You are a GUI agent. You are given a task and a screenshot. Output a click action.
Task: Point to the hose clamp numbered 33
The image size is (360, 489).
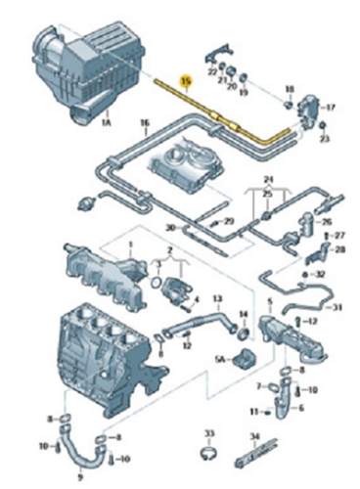(207, 452)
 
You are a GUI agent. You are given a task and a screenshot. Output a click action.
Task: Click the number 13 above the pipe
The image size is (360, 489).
(217, 298)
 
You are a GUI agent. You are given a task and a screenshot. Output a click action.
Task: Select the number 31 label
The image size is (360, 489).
(337, 308)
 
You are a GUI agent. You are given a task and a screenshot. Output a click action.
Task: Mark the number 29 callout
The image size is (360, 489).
(229, 223)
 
